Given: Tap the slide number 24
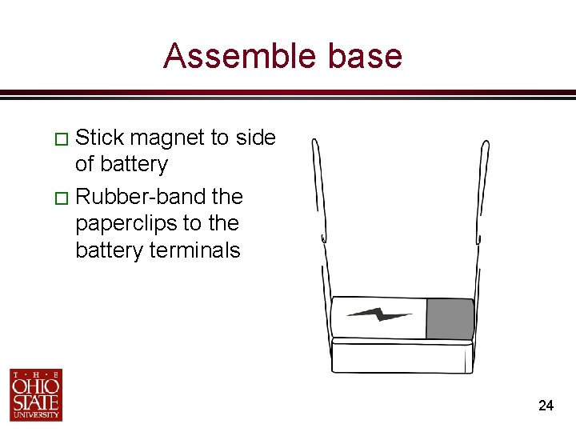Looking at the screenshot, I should point(546,406).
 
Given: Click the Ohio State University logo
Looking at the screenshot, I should point(36,394).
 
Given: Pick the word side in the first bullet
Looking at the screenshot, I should point(256,138).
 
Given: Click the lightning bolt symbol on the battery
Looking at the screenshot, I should point(380,314).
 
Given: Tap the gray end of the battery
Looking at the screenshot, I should point(449,318).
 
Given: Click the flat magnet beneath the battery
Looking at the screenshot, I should point(402,356).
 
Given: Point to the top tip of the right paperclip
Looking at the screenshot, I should point(486,144).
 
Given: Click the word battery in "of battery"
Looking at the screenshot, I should point(132,165).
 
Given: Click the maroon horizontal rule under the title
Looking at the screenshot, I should point(288,94).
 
